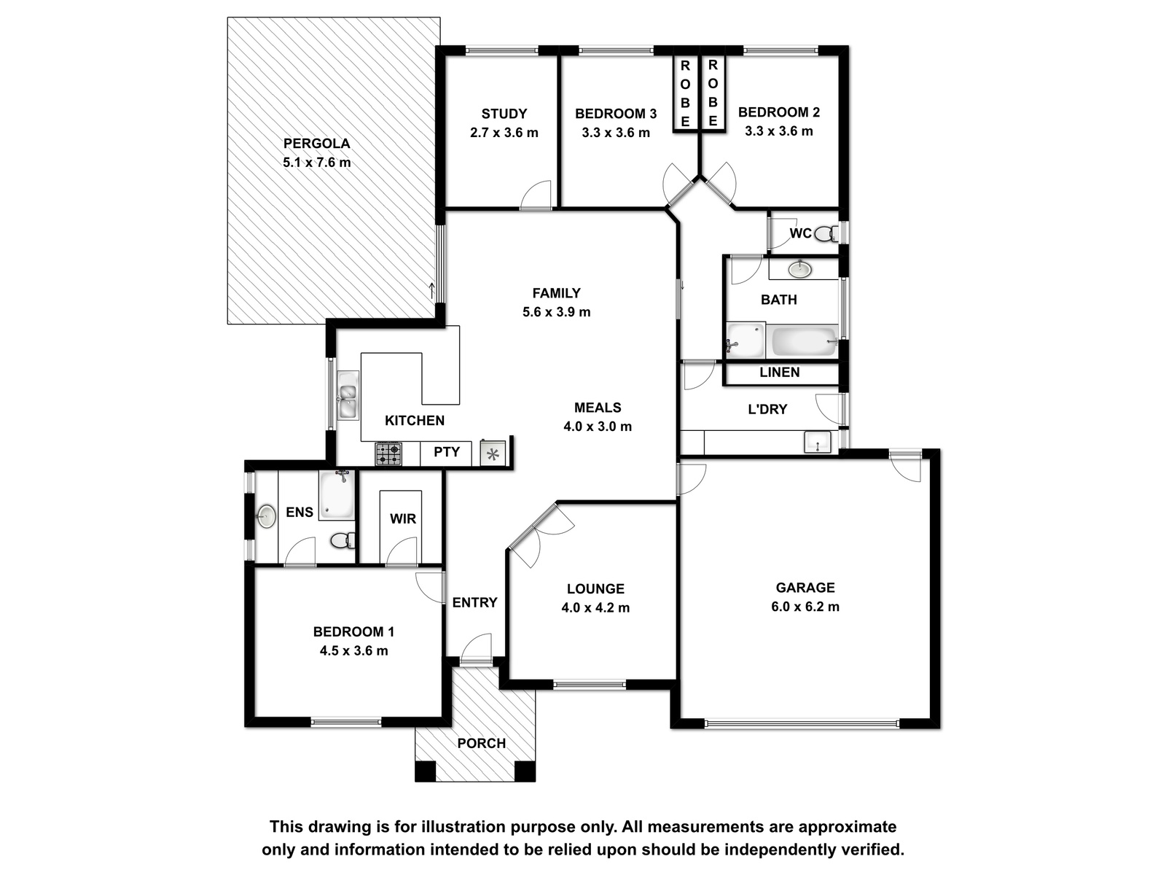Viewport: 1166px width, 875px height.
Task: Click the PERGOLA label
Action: [316, 144]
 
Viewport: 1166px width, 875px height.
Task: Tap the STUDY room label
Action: [504, 114]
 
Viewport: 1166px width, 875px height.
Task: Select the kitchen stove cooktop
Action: [389, 454]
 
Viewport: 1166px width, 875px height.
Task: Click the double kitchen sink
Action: [348, 395]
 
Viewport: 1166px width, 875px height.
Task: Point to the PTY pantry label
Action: [446, 451]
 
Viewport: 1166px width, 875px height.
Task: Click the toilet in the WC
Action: [826, 233]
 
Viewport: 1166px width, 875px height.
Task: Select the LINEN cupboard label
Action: [779, 372]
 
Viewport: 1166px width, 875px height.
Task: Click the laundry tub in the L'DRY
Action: [818, 442]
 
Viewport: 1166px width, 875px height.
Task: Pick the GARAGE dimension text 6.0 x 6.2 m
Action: [805, 607]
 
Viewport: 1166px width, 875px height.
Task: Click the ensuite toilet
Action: [343, 541]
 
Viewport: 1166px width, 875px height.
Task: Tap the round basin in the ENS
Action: [266, 516]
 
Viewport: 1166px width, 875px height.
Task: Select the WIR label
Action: [403, 518]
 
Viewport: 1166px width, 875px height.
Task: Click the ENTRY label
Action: [475, 602]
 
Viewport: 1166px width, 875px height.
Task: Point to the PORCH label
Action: [482, 743]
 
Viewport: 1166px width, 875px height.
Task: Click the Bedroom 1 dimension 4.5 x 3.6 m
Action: [353, 651]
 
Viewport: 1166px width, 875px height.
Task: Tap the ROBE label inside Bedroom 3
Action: [685, 93]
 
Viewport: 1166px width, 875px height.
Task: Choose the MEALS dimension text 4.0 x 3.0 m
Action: [598, 427]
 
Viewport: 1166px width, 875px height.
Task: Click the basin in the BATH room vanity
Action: [799, 269]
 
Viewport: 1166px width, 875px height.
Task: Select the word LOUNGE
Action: [595, 588]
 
